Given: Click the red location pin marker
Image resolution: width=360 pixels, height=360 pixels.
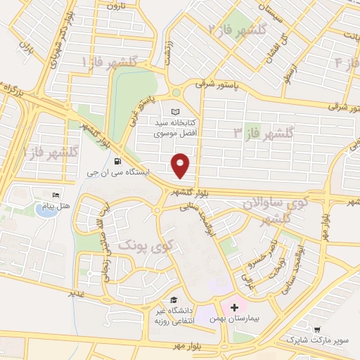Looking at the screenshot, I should [181, 165].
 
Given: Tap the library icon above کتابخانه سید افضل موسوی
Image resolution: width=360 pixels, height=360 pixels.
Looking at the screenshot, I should [176, 112].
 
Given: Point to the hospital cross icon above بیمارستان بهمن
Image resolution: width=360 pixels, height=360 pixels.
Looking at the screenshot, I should [234, 307].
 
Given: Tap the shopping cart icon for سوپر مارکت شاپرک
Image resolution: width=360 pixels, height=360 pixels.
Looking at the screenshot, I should [317, 329].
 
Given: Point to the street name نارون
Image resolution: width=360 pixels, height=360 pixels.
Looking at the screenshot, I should [115, 6].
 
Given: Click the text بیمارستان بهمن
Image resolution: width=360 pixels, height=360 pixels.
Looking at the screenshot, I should [235, 319].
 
